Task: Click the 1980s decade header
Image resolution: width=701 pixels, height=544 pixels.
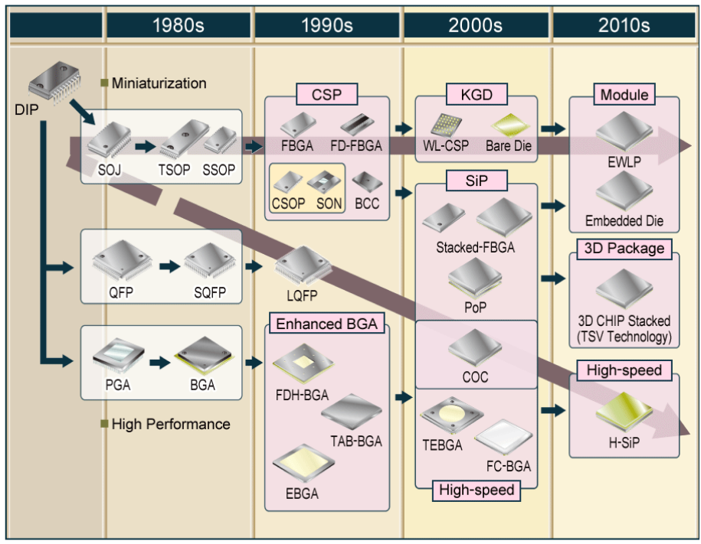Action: tap(178, 25)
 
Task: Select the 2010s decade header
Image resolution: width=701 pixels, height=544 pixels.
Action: tap(624, 25)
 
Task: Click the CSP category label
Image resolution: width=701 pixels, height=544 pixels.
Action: tap(326, 96)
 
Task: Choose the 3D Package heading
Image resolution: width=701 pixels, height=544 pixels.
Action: tap(624, 249)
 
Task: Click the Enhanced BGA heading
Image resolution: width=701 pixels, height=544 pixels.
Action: tap(326, 324)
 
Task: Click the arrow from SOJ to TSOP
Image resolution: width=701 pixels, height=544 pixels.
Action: tap(145, 144)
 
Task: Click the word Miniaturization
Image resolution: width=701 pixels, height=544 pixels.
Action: tap(159, 83)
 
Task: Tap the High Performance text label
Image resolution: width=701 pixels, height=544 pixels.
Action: tap(170, 423)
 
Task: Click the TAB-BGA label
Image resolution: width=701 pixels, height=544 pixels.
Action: tap(356, 441)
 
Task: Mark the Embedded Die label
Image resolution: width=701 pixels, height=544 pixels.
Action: tap(624, 221)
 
